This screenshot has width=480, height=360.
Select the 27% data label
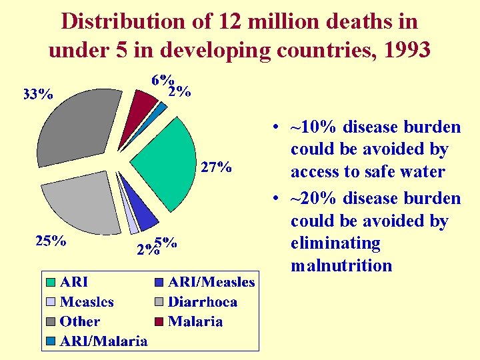(217, 167)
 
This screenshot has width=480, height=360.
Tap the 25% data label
(50, 241)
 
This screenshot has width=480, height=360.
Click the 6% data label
(163, 80)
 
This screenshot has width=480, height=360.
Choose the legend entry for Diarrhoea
(202, 302)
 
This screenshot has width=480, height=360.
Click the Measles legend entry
(87, 302)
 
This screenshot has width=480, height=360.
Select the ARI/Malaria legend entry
(103, 341)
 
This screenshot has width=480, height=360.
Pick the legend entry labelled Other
(79, 321)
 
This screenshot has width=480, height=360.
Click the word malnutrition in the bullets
(341, 265)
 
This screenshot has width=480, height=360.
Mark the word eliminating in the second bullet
(335, 243)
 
